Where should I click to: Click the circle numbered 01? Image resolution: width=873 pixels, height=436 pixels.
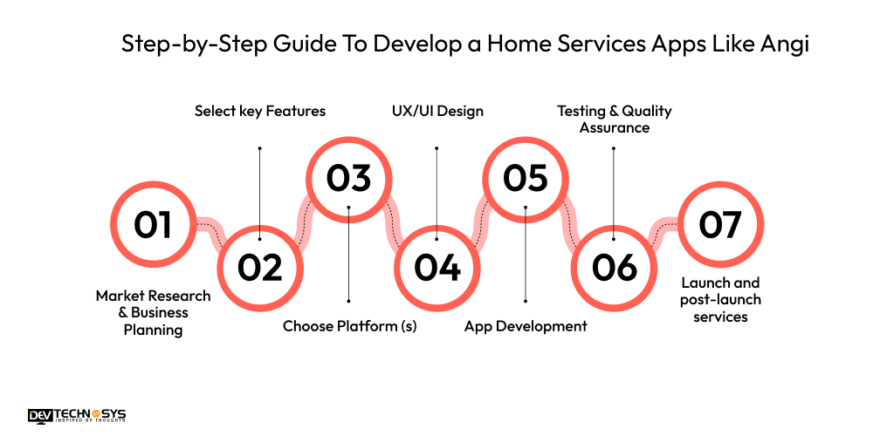pyautogui.click(x=153, y=225)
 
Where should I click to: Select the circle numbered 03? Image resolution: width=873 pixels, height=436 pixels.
pyautogui.click(x=348, y=178)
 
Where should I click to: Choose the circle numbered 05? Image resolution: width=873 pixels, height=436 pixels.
pyautogui.click(x=526, y=178)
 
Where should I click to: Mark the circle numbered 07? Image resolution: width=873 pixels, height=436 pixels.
pyautogui.click(x=720, y=225)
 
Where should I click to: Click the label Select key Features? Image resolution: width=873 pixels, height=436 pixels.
pyautogui.click(x=259, y=111)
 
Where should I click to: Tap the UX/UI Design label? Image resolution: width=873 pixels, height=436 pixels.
pyautogui.click(x=436, y=111)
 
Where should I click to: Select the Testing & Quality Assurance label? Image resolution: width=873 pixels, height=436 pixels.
pyautogui.click(x=615, y=119)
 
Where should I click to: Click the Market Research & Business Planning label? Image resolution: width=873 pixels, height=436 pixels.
pyautogui.click(x=154, y=312)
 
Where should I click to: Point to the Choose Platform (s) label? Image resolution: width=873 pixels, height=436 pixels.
pyautogui.click(x=349, y=326)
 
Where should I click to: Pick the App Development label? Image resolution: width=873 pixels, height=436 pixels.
pyautogui.click(x=526, y=326)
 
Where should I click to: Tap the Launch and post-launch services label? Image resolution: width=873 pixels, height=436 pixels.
pyautogui.click(x=720, y=300)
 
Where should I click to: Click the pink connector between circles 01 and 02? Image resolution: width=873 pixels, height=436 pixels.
pyautogui.click(x=210, y=229)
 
